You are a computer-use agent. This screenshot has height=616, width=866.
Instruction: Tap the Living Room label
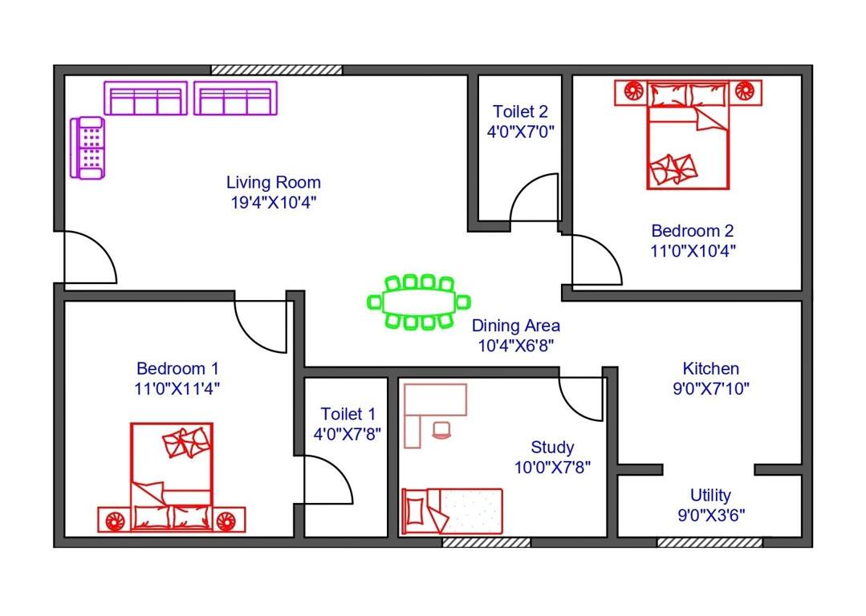coord(273,183)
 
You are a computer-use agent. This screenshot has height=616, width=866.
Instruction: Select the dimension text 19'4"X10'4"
coord(273,202)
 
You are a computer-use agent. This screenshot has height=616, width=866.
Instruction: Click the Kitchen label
coord(710,369)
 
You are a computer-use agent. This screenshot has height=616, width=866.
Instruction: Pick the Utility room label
coord(710,495)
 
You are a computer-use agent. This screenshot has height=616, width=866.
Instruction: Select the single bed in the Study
coord(452,510)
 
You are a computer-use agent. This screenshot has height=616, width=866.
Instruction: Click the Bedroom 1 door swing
coord(261,322)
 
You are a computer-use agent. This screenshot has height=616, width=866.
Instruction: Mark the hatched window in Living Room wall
coord(277,70)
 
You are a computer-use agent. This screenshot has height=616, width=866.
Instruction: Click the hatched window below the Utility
coord(709,542)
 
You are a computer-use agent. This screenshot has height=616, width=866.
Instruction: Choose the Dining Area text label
coord(515,326)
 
